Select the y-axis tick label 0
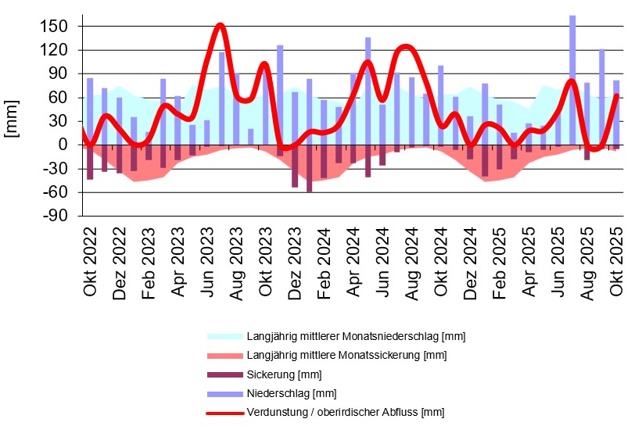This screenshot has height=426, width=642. coord(65,145)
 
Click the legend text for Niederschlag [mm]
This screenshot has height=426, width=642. coord(291,393)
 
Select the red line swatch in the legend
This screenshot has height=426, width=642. coord(224,412)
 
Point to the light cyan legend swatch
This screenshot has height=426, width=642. coord(224,337)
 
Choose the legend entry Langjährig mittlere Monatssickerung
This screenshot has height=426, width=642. coord(346,356)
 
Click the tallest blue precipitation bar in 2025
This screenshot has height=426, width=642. coord(572,78)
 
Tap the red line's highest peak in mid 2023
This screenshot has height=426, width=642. coord(220,25)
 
